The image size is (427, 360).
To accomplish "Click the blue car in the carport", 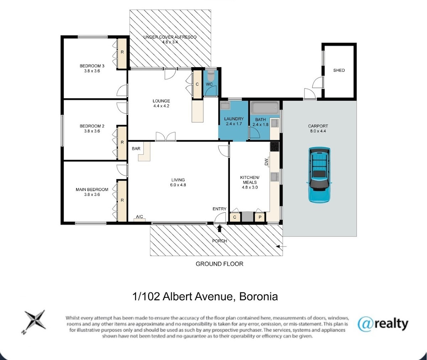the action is point(319,175).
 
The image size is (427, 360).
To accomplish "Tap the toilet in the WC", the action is point(210,76).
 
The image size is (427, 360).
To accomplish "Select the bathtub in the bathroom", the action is point(264,108).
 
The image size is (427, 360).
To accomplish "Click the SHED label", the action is point(339,70).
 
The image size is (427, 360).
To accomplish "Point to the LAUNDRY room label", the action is point(234,119).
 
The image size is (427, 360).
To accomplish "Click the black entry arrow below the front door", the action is point(220,228).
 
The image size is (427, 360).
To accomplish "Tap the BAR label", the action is point(136,149).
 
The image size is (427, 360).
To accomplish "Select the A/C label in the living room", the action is point(139,217).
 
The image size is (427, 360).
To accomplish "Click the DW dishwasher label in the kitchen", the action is point(266,162).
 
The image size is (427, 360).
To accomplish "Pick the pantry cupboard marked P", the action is point(260,217).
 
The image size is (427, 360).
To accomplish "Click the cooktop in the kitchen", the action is point(275,146).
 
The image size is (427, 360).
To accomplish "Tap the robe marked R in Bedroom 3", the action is point(122,54).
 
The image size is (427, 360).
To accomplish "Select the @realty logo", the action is point(383,324).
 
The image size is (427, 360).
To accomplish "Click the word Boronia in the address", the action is point(258,297).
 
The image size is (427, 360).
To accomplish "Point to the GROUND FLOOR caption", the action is point(220,264).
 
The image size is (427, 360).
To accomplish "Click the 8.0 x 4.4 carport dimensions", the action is point(318,131).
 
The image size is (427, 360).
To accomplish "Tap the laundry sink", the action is point(225,106).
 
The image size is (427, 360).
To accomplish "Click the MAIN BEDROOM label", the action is point(92,190).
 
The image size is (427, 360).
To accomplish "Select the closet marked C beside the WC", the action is point(197,84).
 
